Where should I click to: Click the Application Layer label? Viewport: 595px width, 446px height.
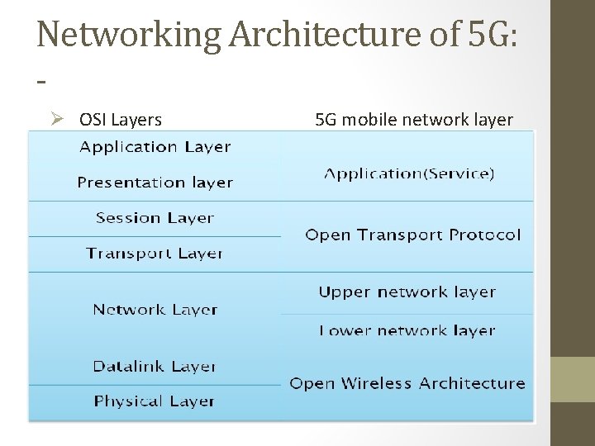pyautogui.click(x=155, y=147)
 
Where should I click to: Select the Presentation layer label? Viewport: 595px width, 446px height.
pyautogui.click(x=155, y=183)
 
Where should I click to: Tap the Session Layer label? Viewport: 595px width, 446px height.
pyautogui.click(x=155, y=218)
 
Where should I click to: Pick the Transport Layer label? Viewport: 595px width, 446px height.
pyautogui.click(x=155, y=253)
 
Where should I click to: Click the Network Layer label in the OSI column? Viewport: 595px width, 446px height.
pyautogui.click(x=155, y=310)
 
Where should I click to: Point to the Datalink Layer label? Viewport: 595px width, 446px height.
pyautogui.click(x=155, y=366)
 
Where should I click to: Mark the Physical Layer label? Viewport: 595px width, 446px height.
pyautogui.click(x=155, y=401)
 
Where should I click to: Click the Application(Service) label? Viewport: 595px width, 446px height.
pyautogui.click(x=409, y=173)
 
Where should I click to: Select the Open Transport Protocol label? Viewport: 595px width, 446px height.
pyautogui.click(x=413, y=235)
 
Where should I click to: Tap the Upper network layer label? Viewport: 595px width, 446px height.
pyautogui.click(x=407, y=292)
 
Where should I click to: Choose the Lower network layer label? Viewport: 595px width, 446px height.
pyautogui.click(x=407, y=330)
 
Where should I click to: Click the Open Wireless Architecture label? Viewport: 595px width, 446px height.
pyautogui.click(x=407, y=383)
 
